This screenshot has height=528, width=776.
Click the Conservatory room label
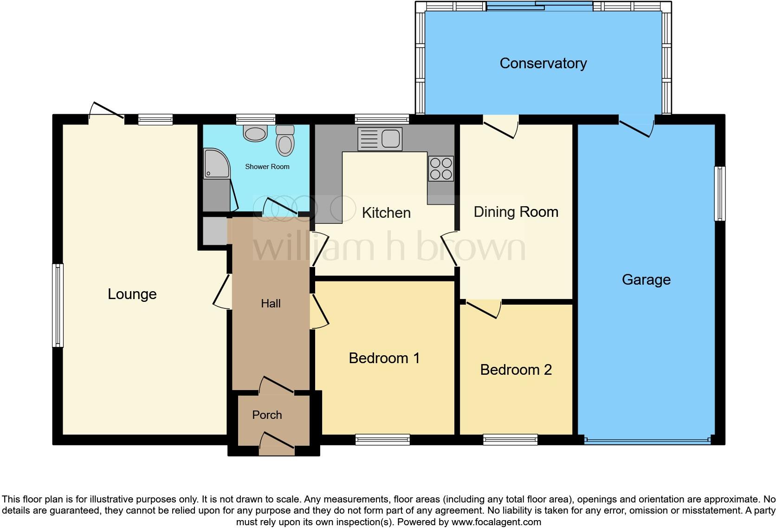(543, 63)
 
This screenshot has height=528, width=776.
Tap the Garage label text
(646, 280)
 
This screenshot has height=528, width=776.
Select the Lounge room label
(132, 294)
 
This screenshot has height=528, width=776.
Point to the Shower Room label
(267, 167)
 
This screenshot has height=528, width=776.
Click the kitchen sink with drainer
(380, 139)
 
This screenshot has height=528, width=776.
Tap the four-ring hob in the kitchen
(440, 169)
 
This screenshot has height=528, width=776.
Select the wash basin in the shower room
(255, 134)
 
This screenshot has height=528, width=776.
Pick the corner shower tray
(216, 163)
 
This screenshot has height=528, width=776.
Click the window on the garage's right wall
(719, 193)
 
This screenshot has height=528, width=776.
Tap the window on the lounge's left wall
(58, 305)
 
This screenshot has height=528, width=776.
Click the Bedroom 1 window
(382, 439)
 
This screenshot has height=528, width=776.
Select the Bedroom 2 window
(510, 439)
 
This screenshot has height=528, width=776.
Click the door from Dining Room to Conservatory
(501, 126)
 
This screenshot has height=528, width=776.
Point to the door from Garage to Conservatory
(636, 126)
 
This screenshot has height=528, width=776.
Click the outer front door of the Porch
(277, 443)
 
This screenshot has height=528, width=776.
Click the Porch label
(267, 415)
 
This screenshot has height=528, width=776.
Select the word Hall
(271, 303)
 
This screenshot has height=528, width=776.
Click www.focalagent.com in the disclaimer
(496, 522)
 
